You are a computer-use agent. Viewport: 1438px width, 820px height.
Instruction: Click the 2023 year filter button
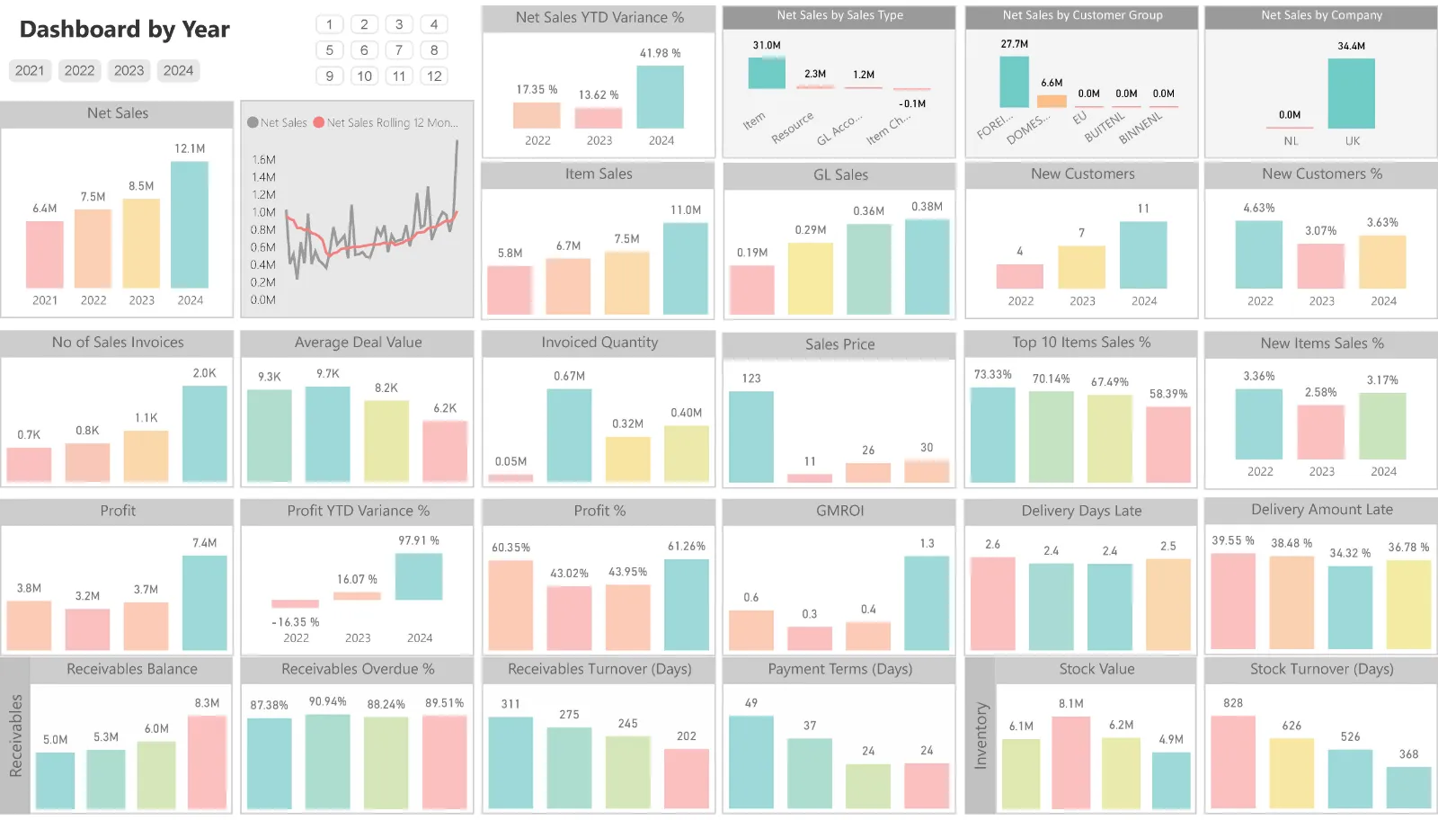[129, 70]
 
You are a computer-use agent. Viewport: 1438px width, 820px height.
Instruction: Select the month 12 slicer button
[434, 76]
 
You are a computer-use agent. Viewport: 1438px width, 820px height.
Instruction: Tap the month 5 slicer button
[330, 50]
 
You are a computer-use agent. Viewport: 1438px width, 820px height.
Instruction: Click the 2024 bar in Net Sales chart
[190, 225]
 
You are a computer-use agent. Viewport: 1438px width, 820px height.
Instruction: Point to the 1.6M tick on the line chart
[263, 160]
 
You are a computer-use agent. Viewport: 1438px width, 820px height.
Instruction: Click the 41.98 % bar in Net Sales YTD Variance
[661, 97]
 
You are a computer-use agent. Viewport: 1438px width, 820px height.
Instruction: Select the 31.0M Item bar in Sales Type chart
[767, 72]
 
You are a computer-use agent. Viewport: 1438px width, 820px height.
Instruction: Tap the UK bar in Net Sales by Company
[1352, 94]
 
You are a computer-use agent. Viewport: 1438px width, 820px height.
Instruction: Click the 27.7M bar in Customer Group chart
[1015, 82]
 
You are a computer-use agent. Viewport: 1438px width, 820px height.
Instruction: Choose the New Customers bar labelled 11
[1143, 254]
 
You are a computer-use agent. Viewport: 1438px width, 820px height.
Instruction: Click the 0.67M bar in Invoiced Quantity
[569, 435]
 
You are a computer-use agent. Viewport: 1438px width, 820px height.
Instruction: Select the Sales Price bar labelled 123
[751, 437]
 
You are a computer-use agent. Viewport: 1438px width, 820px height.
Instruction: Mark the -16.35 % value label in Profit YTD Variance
[296, 622]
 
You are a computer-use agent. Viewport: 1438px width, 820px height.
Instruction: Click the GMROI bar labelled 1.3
[927, 602]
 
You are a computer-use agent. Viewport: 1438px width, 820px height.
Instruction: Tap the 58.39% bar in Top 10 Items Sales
[1168, 444]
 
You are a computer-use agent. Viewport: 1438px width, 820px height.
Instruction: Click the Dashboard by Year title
[125, 30]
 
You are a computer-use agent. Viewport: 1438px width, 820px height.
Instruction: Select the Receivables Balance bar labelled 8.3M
[207, 762]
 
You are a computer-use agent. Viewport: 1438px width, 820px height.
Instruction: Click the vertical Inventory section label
[981, 735]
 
